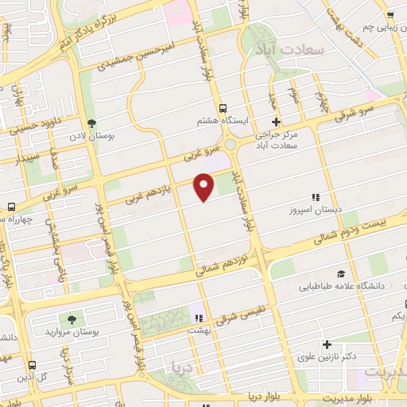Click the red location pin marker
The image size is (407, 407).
(204, 185)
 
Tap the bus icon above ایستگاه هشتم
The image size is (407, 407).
(223, 108)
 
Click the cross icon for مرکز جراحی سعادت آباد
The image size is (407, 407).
(276, 122)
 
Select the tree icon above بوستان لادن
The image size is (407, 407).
(91, 123)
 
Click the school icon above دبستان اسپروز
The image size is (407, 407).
(315, 197)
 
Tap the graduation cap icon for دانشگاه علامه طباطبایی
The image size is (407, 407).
(341, 273)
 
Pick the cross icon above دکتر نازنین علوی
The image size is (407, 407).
(326, 344)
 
